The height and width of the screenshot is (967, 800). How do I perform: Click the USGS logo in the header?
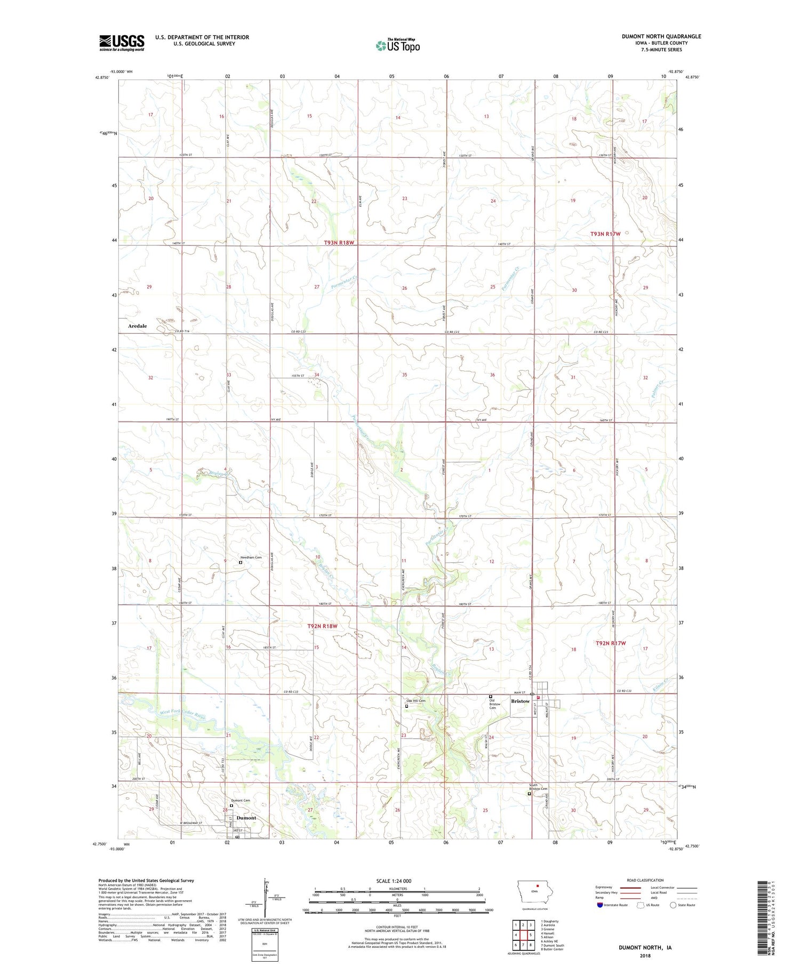122,43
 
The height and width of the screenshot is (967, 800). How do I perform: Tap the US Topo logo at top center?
398,45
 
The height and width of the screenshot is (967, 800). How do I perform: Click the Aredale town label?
137,326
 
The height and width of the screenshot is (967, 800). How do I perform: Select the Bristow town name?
520,701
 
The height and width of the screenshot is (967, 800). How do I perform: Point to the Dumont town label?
246,818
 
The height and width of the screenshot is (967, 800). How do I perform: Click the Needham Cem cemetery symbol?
241,562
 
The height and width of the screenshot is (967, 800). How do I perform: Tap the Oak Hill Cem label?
416,701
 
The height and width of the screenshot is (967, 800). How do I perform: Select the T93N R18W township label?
339,243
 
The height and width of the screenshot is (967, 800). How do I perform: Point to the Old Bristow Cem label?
496,704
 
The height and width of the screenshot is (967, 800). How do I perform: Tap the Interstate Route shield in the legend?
599,905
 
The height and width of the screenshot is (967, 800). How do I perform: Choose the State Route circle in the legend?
673,905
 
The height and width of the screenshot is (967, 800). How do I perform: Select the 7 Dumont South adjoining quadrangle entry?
552,945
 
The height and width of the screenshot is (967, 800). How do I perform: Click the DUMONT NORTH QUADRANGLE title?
661,36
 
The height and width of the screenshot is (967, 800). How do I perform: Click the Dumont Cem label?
241,801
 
